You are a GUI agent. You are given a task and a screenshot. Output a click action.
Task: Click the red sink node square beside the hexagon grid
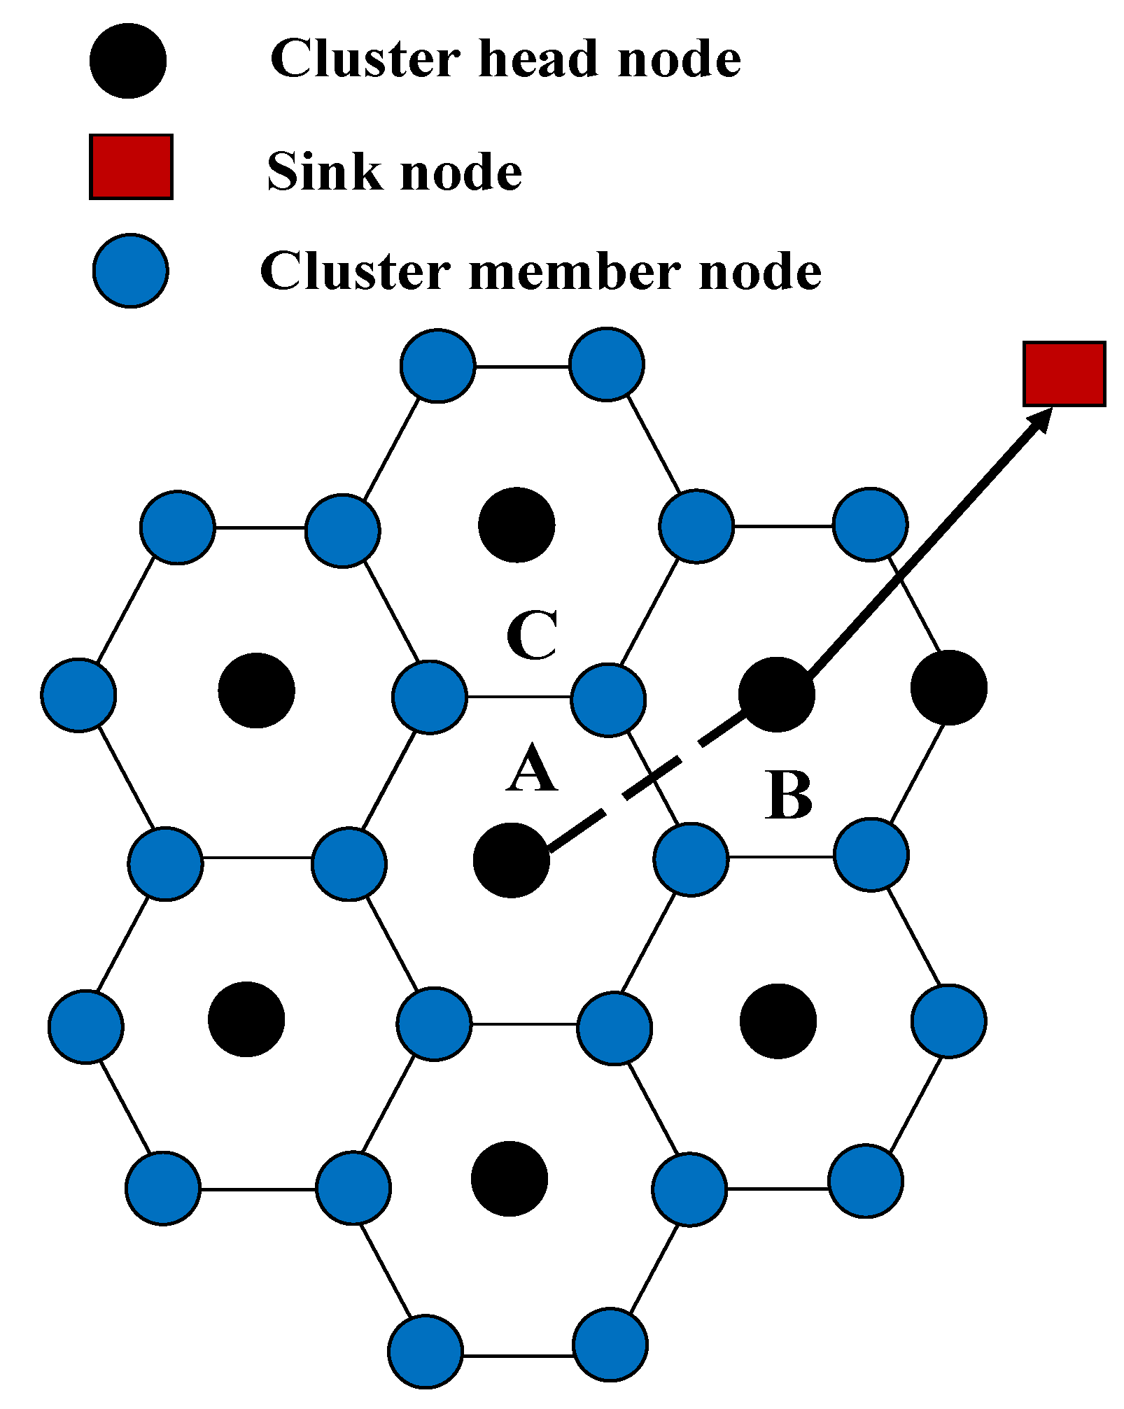click(1063, 374)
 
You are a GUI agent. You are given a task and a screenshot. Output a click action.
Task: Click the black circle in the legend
click(128, 61)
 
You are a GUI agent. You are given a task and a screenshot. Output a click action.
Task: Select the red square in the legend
click(131, 167)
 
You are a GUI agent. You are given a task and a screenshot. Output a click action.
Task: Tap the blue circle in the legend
click(131, 271)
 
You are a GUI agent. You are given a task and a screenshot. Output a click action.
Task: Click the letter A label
click(532, 768)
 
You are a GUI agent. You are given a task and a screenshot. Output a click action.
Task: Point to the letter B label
click(789, 795)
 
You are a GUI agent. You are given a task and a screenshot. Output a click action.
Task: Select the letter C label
click(532, 635)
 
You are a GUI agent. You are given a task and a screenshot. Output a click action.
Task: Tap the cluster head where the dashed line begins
click(511, 860)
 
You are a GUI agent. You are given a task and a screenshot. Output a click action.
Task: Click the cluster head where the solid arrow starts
click(776, 694)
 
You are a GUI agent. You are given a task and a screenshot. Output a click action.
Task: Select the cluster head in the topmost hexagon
click(517, 525)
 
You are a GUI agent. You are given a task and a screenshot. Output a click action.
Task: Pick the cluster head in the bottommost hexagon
click(509, 1179)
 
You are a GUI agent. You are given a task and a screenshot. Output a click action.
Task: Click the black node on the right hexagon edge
click(948, 687)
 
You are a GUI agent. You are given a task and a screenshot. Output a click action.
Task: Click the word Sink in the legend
click(325, 171)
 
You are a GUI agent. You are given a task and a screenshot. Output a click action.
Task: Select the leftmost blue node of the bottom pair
click(426, 1351)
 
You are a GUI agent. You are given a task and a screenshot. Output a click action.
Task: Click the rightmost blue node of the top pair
click(606, 364)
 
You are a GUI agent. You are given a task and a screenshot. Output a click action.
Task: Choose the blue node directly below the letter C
click(607, 700)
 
